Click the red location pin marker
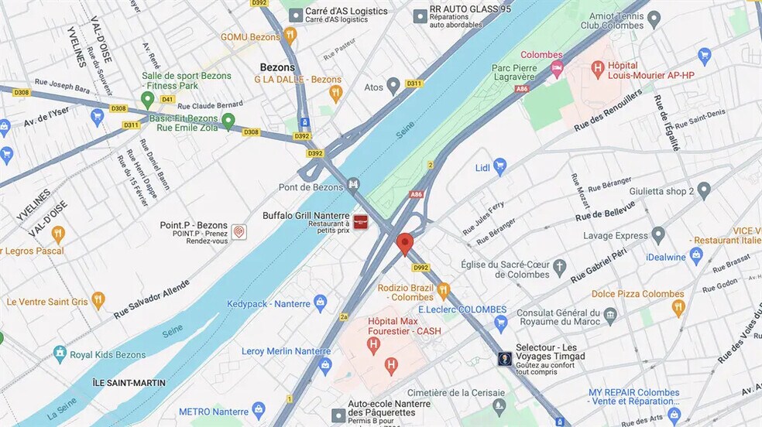(404, 244)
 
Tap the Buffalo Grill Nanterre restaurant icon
(361, 221)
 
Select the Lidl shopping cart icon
(500, 166)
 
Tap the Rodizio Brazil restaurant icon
(443, 292)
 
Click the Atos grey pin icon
(393, 86)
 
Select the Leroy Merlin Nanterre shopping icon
(325, 364)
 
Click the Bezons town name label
(277, 67)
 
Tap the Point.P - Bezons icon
(239, 232)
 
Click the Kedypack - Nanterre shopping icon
(321, 303)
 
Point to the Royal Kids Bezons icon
(60, 354)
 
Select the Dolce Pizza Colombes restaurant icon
(678, 308)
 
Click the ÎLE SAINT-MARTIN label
(119, 383)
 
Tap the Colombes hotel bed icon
(557, 70)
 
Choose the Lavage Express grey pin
(658, 234)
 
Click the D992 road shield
(420, 268)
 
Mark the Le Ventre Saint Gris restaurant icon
(98, 300)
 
